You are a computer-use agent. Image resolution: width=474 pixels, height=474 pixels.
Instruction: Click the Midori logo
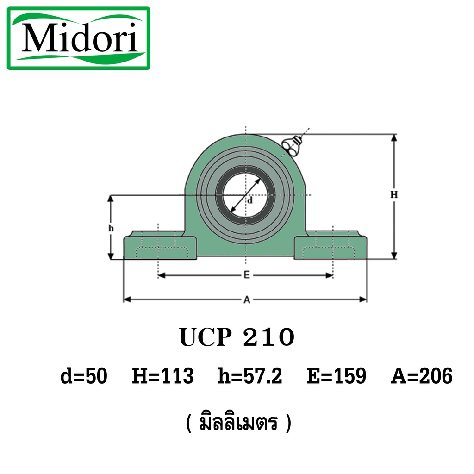79,38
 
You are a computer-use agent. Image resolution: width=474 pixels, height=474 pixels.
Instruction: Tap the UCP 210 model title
237,337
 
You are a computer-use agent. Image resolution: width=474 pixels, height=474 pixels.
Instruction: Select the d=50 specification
84,376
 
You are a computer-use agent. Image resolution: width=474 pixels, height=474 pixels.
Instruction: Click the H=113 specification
162,376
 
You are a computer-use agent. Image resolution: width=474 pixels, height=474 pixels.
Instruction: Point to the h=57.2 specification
250,376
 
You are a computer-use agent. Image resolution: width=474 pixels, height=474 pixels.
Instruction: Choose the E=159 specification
337,376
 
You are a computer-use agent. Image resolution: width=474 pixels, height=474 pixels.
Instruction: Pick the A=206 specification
422,376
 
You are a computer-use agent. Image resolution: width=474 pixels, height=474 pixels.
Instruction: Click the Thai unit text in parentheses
239,423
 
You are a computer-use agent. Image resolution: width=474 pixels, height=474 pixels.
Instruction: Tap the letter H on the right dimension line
394,195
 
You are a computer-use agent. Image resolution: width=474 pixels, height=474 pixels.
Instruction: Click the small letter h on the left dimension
111,228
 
